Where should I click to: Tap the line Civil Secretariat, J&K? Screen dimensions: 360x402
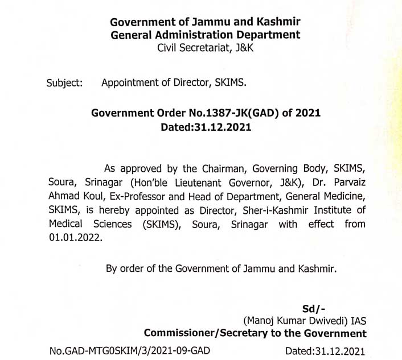pyautogui.click(x=205, y=48)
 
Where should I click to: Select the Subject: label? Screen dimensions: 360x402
pyautogui.click(x=64, y=82)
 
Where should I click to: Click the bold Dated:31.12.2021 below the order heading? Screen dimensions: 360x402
pyautogui.click(x=206, y=127)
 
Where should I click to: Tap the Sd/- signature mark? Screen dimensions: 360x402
pyautogui.click(x=314, y=309)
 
